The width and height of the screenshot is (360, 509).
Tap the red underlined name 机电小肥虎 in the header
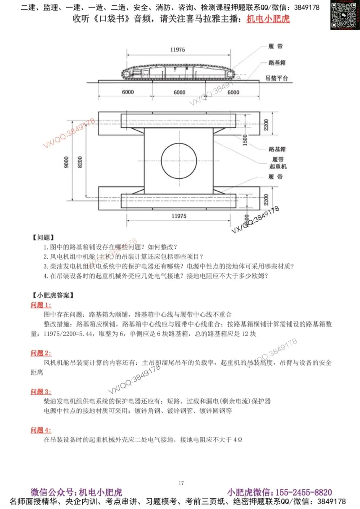268,19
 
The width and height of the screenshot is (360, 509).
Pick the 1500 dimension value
244,140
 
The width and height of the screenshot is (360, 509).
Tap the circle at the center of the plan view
179,160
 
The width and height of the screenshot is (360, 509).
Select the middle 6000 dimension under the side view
179,93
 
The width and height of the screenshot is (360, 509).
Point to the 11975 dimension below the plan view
179,216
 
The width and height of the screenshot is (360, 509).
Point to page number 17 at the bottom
181,483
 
